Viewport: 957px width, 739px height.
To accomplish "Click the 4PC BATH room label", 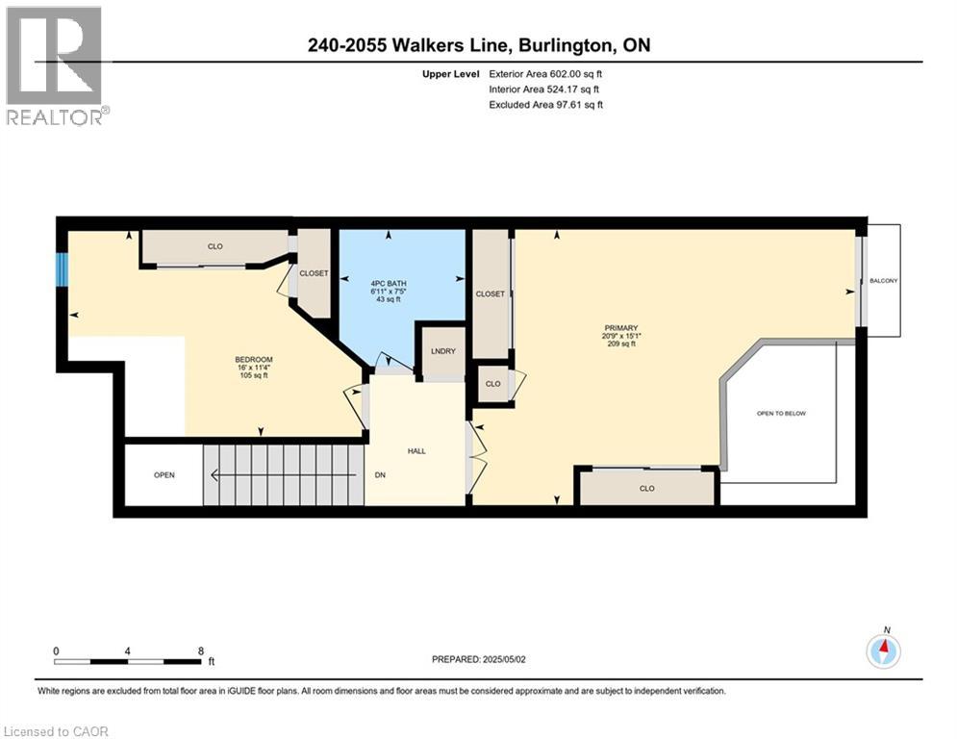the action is (389, 284).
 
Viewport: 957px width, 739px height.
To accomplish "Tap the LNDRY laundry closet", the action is (443, 352).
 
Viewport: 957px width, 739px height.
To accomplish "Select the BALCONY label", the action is (883, 281).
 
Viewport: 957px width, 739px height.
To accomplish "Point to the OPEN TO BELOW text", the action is (781, 414).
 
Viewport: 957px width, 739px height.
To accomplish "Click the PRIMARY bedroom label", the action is (620, 328).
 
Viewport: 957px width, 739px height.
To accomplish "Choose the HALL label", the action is (416, 451).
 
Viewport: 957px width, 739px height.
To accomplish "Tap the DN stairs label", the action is (380, 475).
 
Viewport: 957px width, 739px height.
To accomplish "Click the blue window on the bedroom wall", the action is (62, 269).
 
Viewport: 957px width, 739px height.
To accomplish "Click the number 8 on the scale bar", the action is (201, 651).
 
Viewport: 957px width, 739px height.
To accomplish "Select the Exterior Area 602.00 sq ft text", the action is (545, 74).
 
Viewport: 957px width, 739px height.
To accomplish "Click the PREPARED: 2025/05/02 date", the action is (479, 659).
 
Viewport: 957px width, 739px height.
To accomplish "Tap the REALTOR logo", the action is (57, 65).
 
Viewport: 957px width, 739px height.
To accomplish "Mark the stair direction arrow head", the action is (215, 474).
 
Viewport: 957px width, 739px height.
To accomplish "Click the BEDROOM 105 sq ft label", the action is (254, 367).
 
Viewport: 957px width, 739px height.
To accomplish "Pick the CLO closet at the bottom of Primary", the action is (647, 488).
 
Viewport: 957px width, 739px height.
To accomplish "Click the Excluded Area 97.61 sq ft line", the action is (545, 105).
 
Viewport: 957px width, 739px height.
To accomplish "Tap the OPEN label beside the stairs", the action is (164, 475).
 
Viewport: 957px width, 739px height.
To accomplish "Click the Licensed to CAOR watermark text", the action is (56, 731).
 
